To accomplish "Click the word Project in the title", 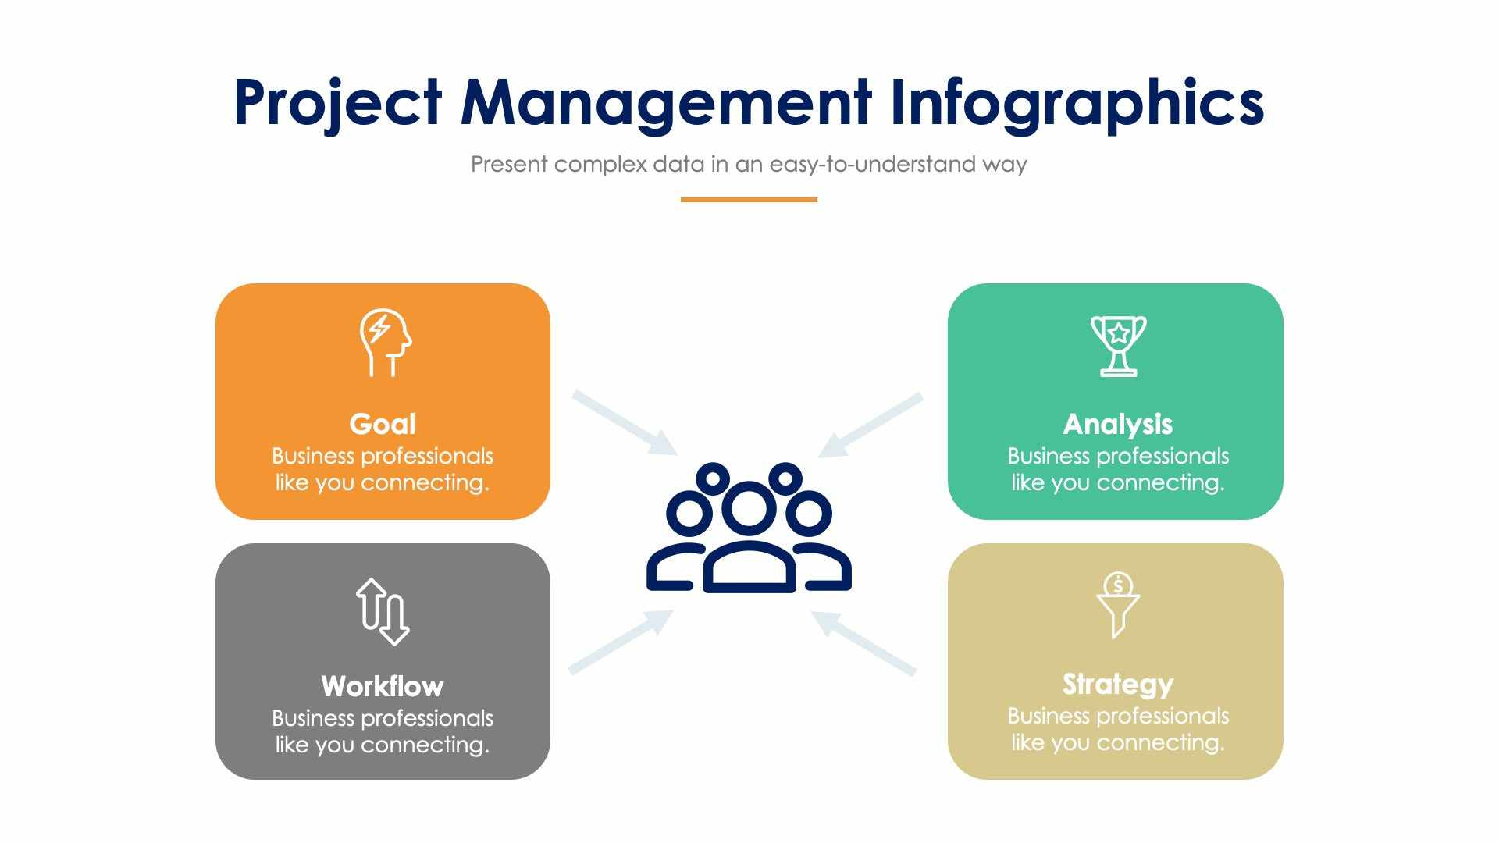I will [337, 103].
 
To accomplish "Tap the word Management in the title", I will [665, 103].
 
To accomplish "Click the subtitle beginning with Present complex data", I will [748, 165].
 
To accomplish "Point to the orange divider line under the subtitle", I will [748, 200].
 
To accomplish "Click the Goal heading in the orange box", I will [383, 424].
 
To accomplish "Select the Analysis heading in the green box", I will [1117, 424].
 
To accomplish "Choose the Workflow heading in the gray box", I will [383, 686].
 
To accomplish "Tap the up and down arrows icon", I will [383, 612].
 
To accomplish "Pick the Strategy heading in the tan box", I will [1117, 684].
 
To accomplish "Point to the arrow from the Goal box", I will [625, 422].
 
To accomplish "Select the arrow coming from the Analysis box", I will [870, 425].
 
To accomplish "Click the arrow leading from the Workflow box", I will [621, 641].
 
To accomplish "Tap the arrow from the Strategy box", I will [863, 642].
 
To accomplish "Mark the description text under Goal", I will [383, 469].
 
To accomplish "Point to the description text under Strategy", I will [1117, 729].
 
